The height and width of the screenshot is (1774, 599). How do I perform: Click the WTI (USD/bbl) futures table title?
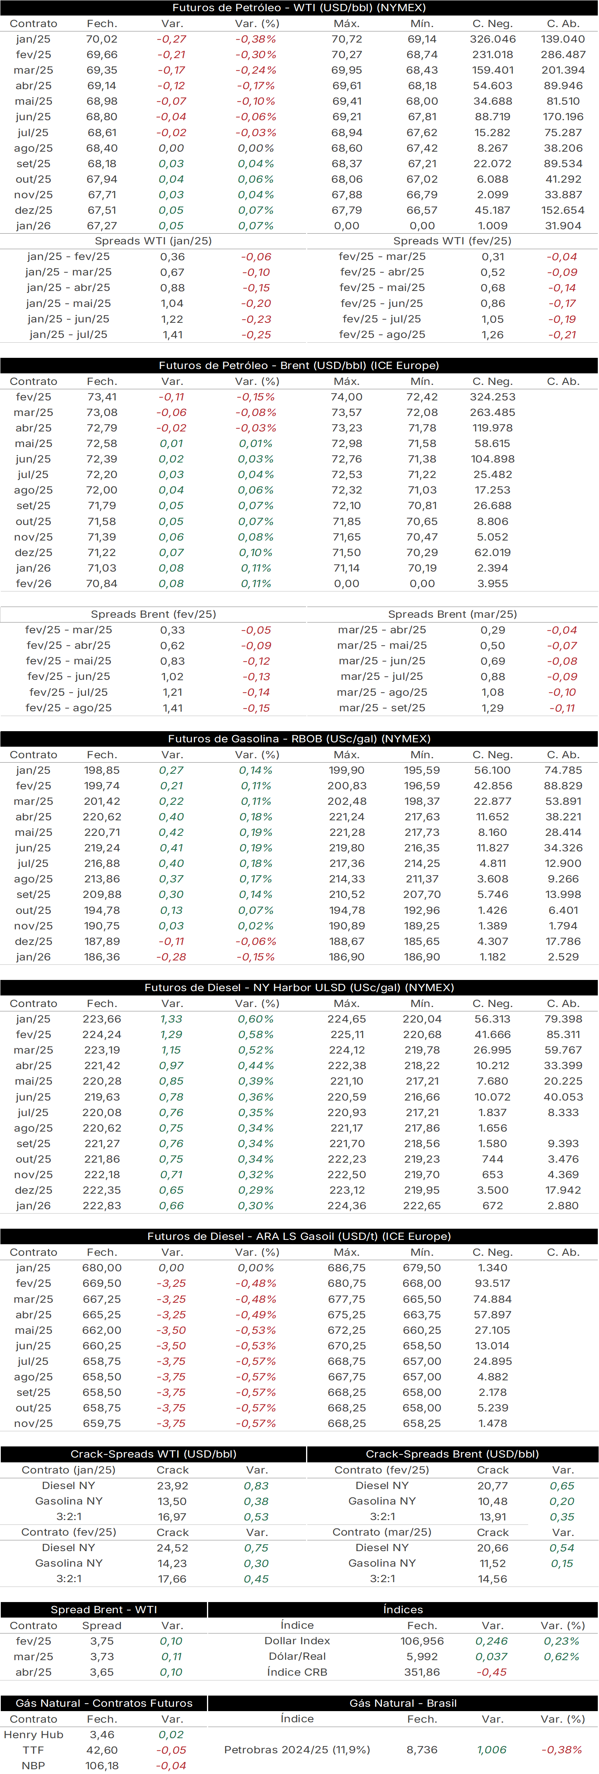tap(299, 8)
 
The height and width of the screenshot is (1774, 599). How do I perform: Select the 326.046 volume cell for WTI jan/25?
tap(492, 39)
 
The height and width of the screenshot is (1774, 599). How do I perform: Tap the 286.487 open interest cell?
tap(563, 55)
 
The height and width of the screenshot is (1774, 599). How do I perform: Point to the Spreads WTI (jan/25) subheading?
tap(153, 241)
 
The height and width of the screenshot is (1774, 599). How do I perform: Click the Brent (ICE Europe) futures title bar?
tap(299, 366)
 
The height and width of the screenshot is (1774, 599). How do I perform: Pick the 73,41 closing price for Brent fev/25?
tap(102, 397)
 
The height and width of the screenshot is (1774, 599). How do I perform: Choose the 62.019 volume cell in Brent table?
tap(492, 552)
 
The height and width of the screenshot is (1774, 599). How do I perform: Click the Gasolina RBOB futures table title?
tap(299, 739)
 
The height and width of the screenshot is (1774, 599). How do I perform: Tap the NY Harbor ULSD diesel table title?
tap(299, 988)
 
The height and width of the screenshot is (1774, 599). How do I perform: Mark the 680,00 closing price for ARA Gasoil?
tap(102, 1268)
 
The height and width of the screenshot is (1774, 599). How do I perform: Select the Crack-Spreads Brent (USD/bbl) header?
tap(453, 1454)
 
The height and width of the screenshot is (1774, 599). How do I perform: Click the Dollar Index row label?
tap(297, 1641)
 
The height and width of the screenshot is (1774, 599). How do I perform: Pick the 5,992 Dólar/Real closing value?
tap(422, 1656)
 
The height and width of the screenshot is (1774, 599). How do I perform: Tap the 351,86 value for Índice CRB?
tap(422, 1672)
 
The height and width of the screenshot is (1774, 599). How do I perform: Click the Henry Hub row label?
tap(33, 1735)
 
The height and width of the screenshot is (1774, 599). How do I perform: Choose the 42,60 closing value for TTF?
tap(102, 1750)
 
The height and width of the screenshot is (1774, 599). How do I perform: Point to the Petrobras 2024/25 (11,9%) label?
tap(297, 1750)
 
